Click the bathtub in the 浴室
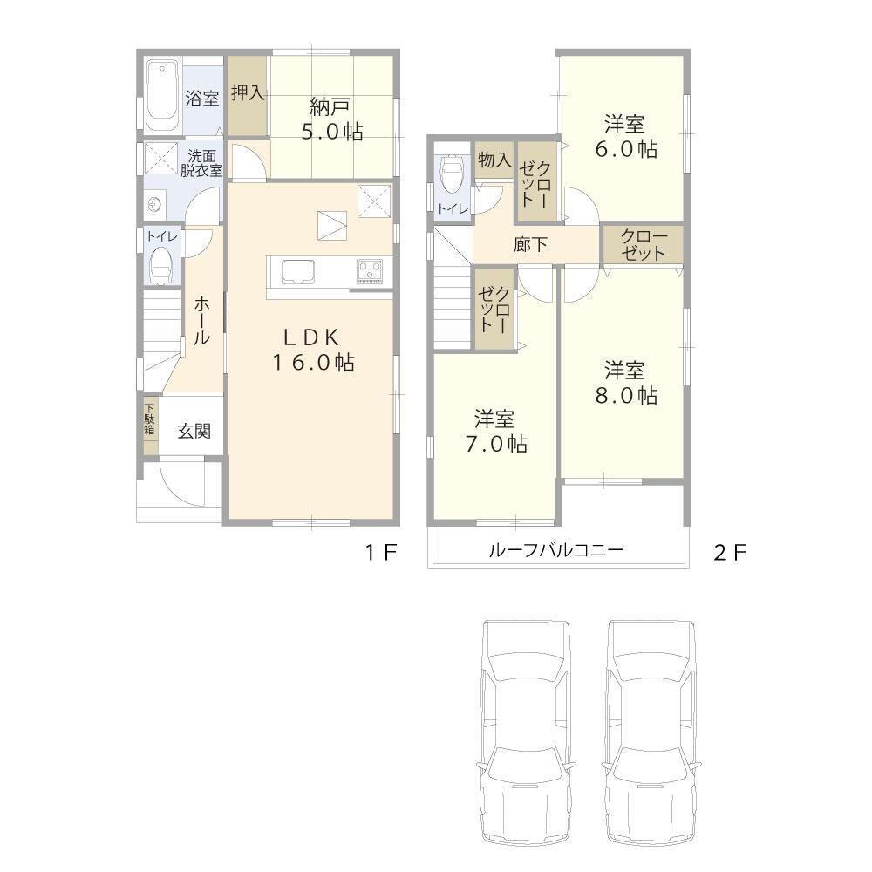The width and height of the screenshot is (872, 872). (x=161, y=94)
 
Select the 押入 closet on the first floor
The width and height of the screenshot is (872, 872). (x=248, y=94)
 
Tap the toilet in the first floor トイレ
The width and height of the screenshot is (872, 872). (x=161, y=264)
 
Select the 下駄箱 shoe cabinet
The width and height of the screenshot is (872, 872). (x=150, y=422)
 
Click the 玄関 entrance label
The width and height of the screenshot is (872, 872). (x=194, y=431)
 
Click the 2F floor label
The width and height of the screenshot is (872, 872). (x=730, y=552)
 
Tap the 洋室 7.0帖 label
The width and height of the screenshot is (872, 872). (x=494, y=432)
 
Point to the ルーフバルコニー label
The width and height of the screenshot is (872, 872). (x=555, y=551)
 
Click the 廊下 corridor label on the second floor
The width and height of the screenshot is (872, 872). (x=530, y=245)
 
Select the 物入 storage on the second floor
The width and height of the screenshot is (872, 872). (x=494, y=160)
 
